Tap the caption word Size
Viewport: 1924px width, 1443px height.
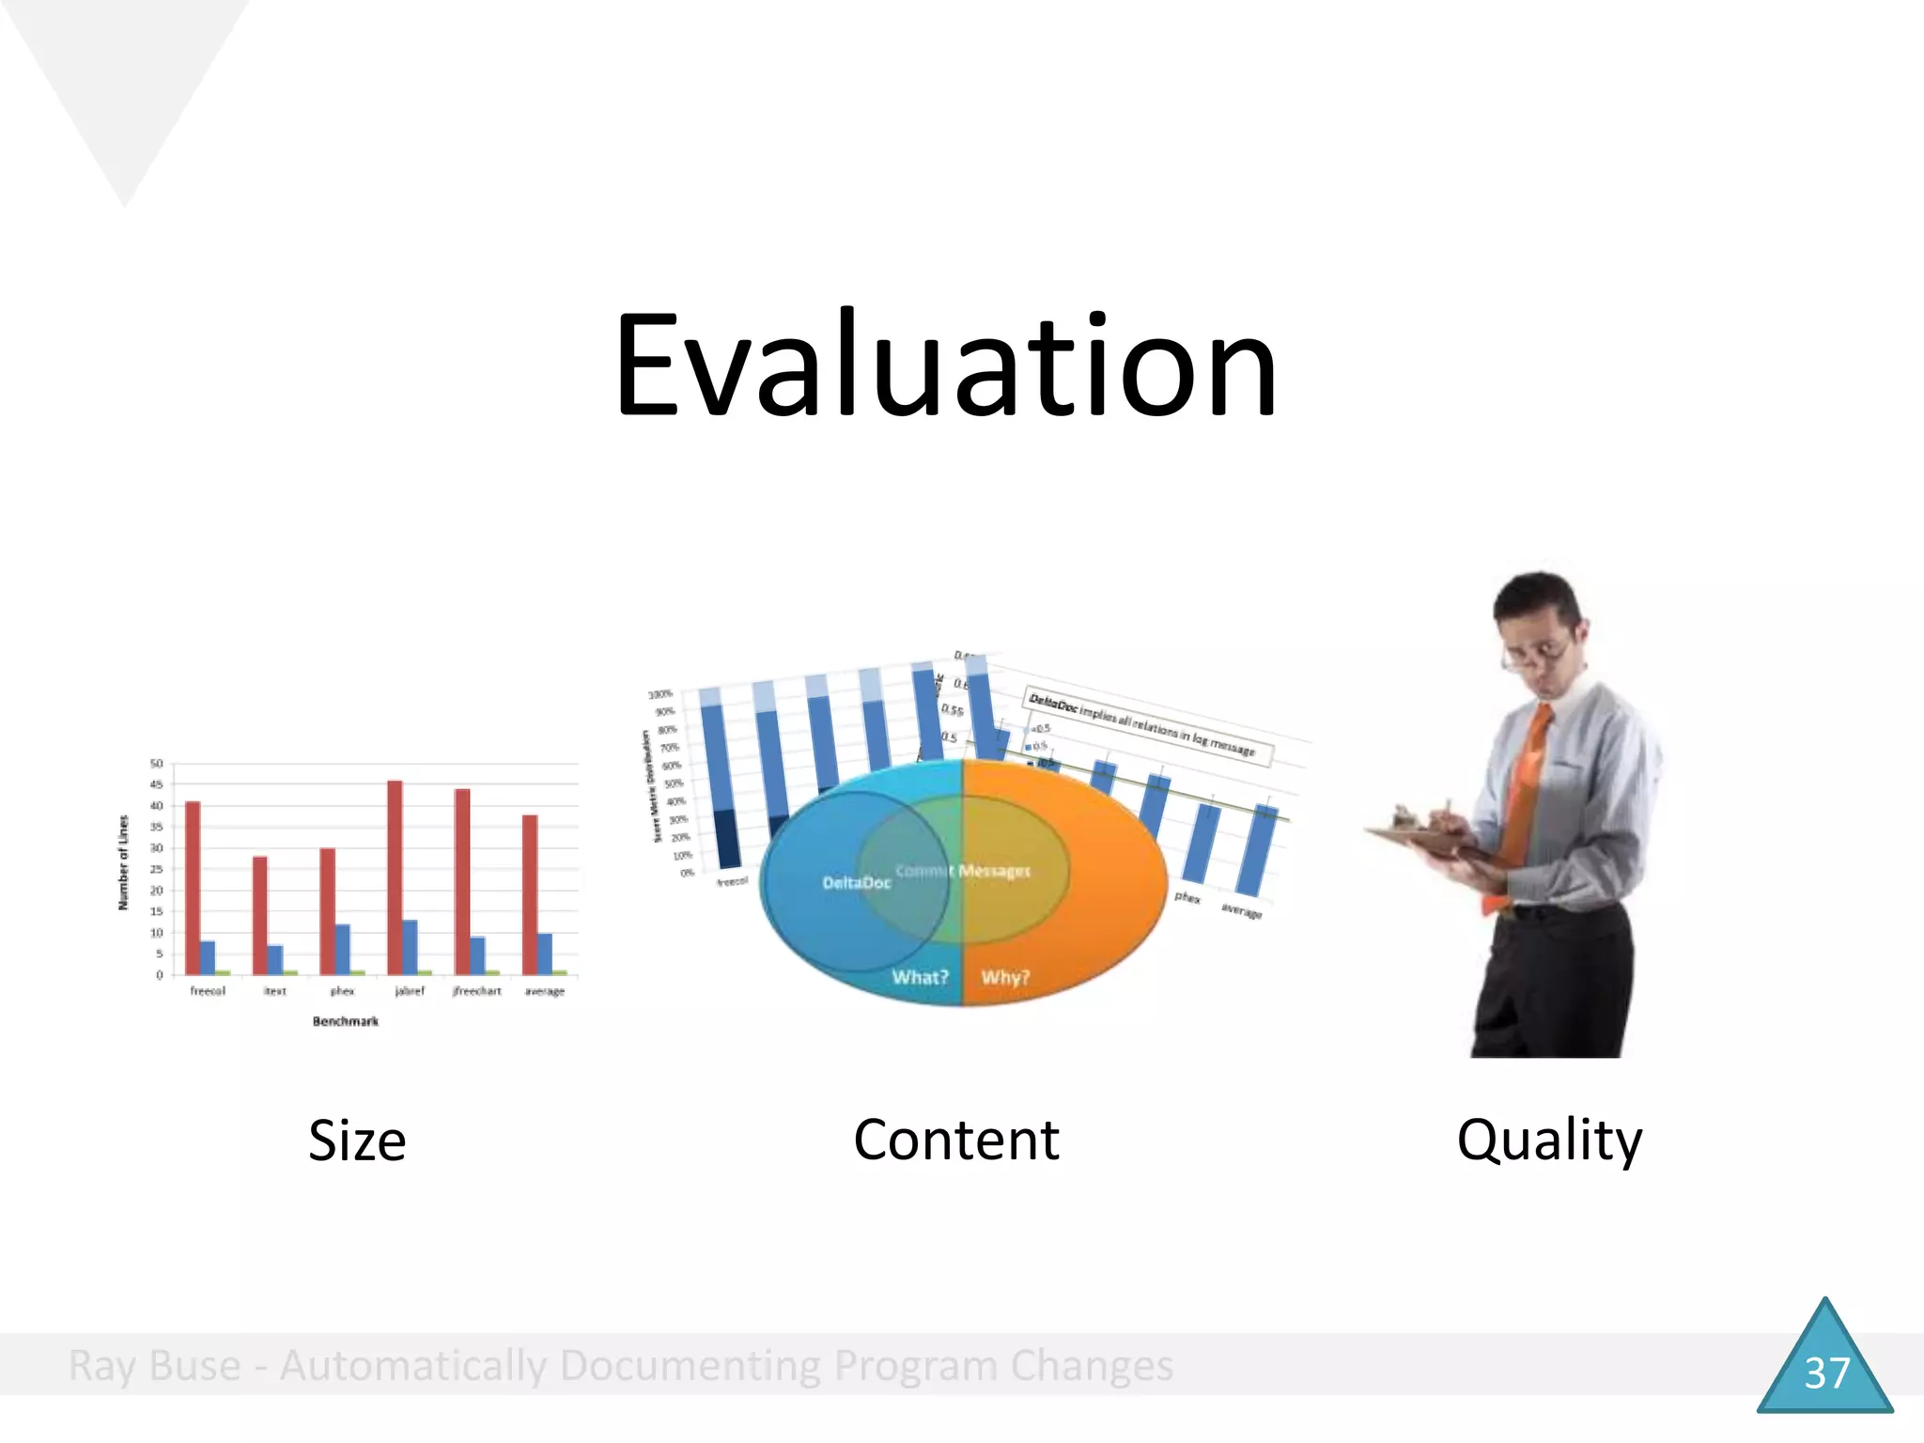357,1140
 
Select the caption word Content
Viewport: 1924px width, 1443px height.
955,1140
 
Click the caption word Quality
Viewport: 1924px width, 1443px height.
1549,1140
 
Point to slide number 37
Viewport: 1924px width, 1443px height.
1825,1373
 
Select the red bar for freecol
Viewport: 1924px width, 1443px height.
193,887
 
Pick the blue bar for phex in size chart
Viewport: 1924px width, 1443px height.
343,949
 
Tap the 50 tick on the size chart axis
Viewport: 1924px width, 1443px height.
157,764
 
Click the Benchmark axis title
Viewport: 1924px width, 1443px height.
346,1021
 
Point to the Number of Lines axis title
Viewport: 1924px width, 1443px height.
123,862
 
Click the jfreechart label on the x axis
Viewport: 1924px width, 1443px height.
476,991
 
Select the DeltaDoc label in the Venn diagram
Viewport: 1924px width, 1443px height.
856,882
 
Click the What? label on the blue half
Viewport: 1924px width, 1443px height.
920,977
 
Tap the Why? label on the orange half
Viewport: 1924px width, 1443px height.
1005,977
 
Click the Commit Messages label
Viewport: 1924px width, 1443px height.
963,871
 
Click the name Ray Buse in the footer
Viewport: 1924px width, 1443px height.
154,1366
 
